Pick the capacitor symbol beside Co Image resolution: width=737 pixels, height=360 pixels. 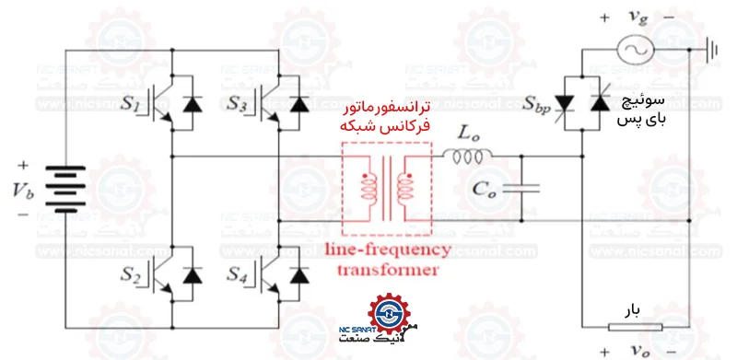coord(522,188)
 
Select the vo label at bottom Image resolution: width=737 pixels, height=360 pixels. coord(636,352)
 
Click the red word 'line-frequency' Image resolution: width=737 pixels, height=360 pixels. coord(387,250)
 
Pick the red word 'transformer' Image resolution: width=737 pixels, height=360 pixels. coord(388,270)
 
